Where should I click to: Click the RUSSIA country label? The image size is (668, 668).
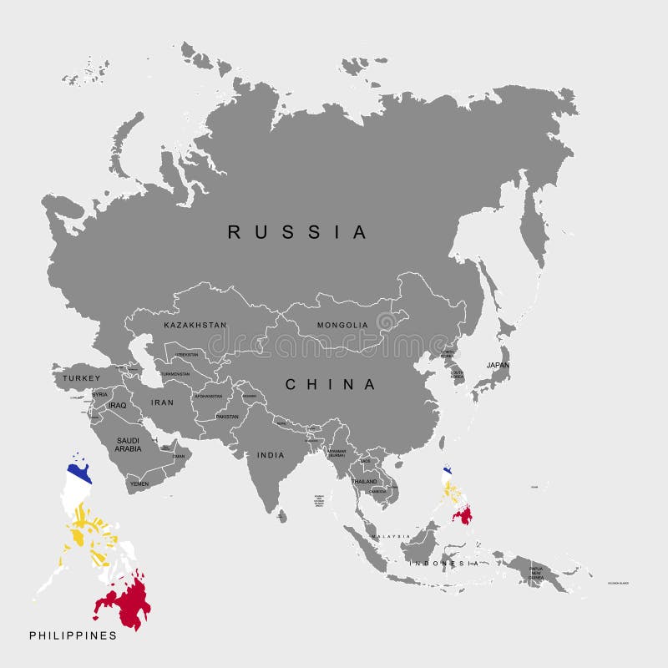point(297,232)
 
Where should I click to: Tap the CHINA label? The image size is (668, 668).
point(331,384)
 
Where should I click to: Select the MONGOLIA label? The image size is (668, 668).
point(342,325)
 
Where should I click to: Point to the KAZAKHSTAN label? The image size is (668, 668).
point(195,325)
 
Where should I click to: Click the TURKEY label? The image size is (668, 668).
point(81,378)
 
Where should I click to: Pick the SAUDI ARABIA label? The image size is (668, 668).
point(128,443)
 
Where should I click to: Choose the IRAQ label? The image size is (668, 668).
point(117,405)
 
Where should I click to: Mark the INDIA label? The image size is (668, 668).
point(271,455)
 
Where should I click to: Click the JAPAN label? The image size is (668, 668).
point(498,365)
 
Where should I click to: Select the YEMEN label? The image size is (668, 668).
point(139,483)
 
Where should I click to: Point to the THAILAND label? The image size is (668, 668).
point(364,482)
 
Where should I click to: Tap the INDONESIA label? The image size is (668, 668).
point(443,564)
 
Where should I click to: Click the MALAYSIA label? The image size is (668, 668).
point(391,536)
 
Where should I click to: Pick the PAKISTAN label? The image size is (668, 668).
point(226,416)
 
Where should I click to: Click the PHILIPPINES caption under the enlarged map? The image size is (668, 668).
point(73,635)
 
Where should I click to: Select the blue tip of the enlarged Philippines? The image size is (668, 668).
point(79,473)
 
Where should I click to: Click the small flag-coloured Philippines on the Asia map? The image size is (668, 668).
point(454,497)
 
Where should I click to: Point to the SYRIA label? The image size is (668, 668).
point(99,394)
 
